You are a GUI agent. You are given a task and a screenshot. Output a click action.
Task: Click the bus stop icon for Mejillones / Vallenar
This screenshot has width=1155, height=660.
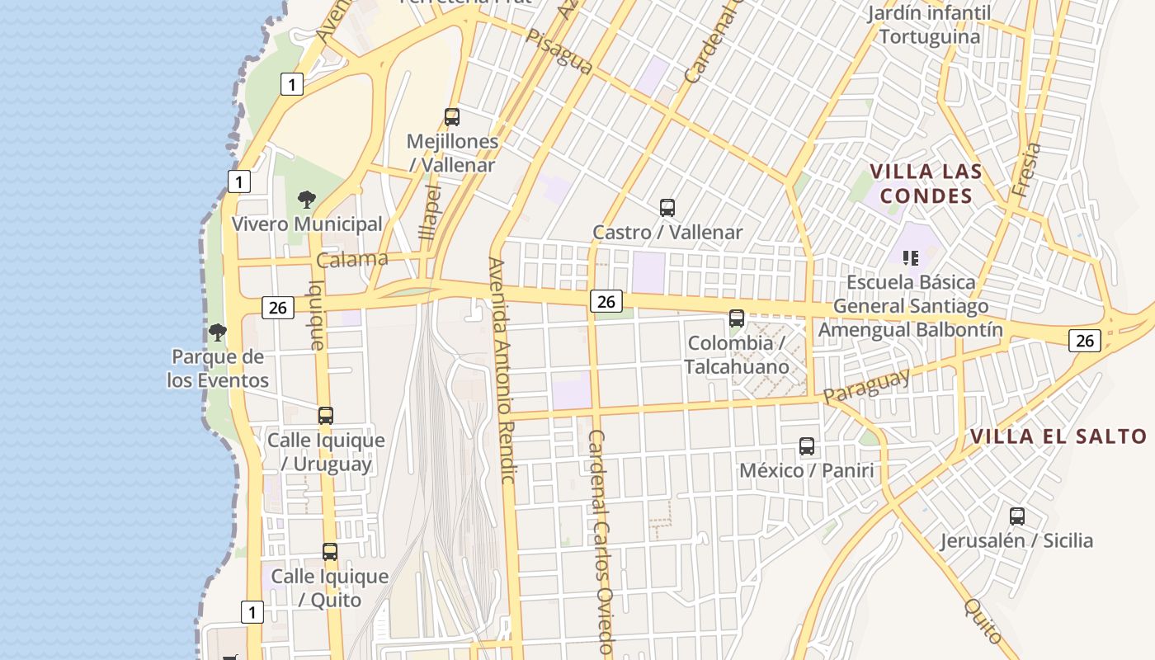click(x=452, y=117)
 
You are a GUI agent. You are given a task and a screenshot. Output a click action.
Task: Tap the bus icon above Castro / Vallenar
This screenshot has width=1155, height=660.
click(x=667, y=208)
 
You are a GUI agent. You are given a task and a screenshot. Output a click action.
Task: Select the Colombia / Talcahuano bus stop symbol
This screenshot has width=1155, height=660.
click(x=737, y=318)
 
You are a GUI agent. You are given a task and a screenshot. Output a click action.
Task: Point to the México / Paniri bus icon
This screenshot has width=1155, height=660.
click(x=807, y=446)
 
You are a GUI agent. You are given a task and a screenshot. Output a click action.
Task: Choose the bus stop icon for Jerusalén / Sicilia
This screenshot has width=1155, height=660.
click(x=1017, y=516)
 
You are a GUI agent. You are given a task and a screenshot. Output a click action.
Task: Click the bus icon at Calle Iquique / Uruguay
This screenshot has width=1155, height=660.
click(x=326, y=416)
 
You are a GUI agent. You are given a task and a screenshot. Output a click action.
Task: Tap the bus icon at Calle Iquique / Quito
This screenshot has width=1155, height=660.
click(x=330, y=552)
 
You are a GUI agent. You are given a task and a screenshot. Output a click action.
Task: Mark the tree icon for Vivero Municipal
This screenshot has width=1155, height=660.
click(x=307, y=200)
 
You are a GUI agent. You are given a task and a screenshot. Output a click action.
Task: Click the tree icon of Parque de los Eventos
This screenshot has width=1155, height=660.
click(x=218, y=332)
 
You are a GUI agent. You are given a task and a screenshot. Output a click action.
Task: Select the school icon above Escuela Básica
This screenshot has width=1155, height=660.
click(x=911, y=257)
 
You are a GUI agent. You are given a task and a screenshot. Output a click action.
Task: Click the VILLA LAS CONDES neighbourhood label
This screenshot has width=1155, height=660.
click(x=926, y=184)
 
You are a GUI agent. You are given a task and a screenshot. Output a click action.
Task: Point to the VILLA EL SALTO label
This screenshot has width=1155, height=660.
click(x=1058, y=436)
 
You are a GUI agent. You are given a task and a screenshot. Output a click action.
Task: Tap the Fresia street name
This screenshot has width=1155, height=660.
click(x=1025, y=170)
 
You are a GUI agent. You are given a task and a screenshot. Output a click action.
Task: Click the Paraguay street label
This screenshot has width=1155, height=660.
click(x=866, y=385)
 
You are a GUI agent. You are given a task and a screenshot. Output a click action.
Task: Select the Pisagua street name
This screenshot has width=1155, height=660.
click(x=559, y=52)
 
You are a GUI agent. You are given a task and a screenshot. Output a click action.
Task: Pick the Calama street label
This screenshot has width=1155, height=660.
click(x=352, y=260)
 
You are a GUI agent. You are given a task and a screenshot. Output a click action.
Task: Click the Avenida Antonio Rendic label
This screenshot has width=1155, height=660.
click(x=502, y=370)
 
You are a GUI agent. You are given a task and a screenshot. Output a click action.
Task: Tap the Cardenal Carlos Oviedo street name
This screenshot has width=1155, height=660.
click(x=601, y=540)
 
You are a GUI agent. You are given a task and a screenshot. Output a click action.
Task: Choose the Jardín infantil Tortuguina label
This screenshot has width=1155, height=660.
click(x=930, y=25)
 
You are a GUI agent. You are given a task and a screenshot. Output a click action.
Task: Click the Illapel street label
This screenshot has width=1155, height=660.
click(x=430, y=212)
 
